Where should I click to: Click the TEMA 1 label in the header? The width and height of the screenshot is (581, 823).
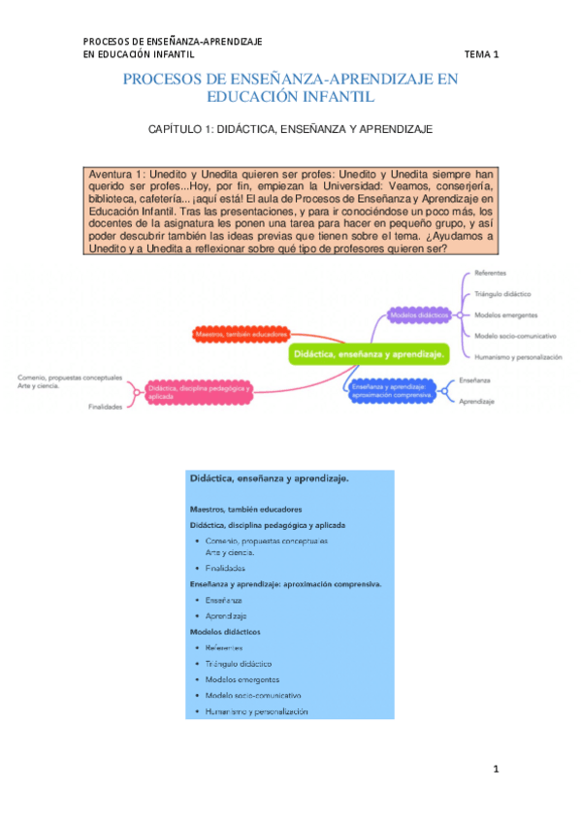tap(481, 54)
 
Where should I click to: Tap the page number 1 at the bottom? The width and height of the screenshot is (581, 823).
tap(496, 770)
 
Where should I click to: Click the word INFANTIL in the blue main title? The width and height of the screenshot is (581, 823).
tap(327, 97)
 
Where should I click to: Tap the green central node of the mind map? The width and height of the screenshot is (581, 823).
tap(369, 355)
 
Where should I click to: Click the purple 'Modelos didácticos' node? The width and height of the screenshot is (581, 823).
tap(418, 315)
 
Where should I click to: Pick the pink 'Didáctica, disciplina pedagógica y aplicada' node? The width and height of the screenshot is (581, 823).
tap(199, 392)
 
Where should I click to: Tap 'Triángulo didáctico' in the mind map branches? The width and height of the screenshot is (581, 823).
tap(502, 293)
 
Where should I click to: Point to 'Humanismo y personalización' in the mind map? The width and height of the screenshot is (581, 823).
tap(518, 356)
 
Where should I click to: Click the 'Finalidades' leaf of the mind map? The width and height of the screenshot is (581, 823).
tap(106, 407)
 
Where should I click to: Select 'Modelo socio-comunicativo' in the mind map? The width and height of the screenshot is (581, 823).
tap(514, 335)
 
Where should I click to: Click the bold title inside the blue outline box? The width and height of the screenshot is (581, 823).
tap(270, 478)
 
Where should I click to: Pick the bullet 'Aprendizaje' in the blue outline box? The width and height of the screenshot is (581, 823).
tap(226, 616)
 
